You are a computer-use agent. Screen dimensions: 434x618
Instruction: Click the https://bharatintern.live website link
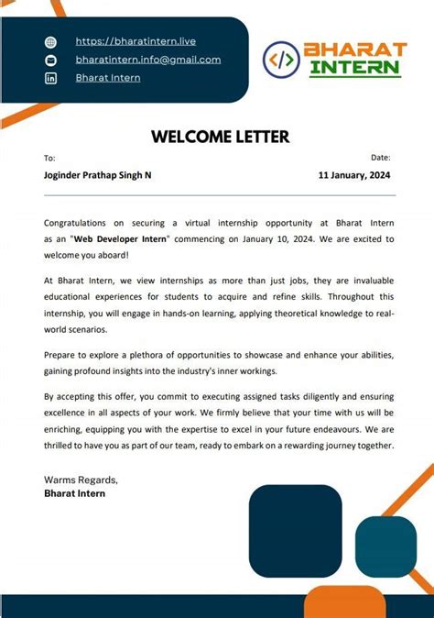tap(136, 41)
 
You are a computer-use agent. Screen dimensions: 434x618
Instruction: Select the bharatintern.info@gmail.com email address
tap(147, 60)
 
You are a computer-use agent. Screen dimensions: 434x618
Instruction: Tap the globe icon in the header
tap(51, 42)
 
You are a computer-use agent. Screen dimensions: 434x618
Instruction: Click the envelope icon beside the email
tap(51, 61)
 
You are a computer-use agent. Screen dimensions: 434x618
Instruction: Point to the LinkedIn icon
tap(51, 79)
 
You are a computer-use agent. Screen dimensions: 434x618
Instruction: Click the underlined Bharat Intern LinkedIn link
tap(108, 78)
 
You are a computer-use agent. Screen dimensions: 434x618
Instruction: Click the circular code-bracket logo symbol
tap(281, 59)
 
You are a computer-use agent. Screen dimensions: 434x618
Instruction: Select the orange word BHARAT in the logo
tap(354, 49)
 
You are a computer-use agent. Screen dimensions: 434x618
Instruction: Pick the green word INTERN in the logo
tap(355, 68)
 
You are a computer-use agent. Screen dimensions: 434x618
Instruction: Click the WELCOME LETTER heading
tap(220, 138)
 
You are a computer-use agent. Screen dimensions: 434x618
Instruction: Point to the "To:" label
tap(49, 159)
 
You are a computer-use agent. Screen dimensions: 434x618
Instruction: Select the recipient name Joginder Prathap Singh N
tap(98, 175)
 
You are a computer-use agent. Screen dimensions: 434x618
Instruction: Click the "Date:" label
tap(381, 159)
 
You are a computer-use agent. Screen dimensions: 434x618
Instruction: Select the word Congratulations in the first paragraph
tap(78, 222)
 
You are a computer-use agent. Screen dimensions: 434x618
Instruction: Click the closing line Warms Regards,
tap(81, 480)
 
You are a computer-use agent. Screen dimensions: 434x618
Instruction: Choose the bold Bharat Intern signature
tap(75, 493)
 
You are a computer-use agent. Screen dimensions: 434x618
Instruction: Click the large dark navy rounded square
tap(295, 531)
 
